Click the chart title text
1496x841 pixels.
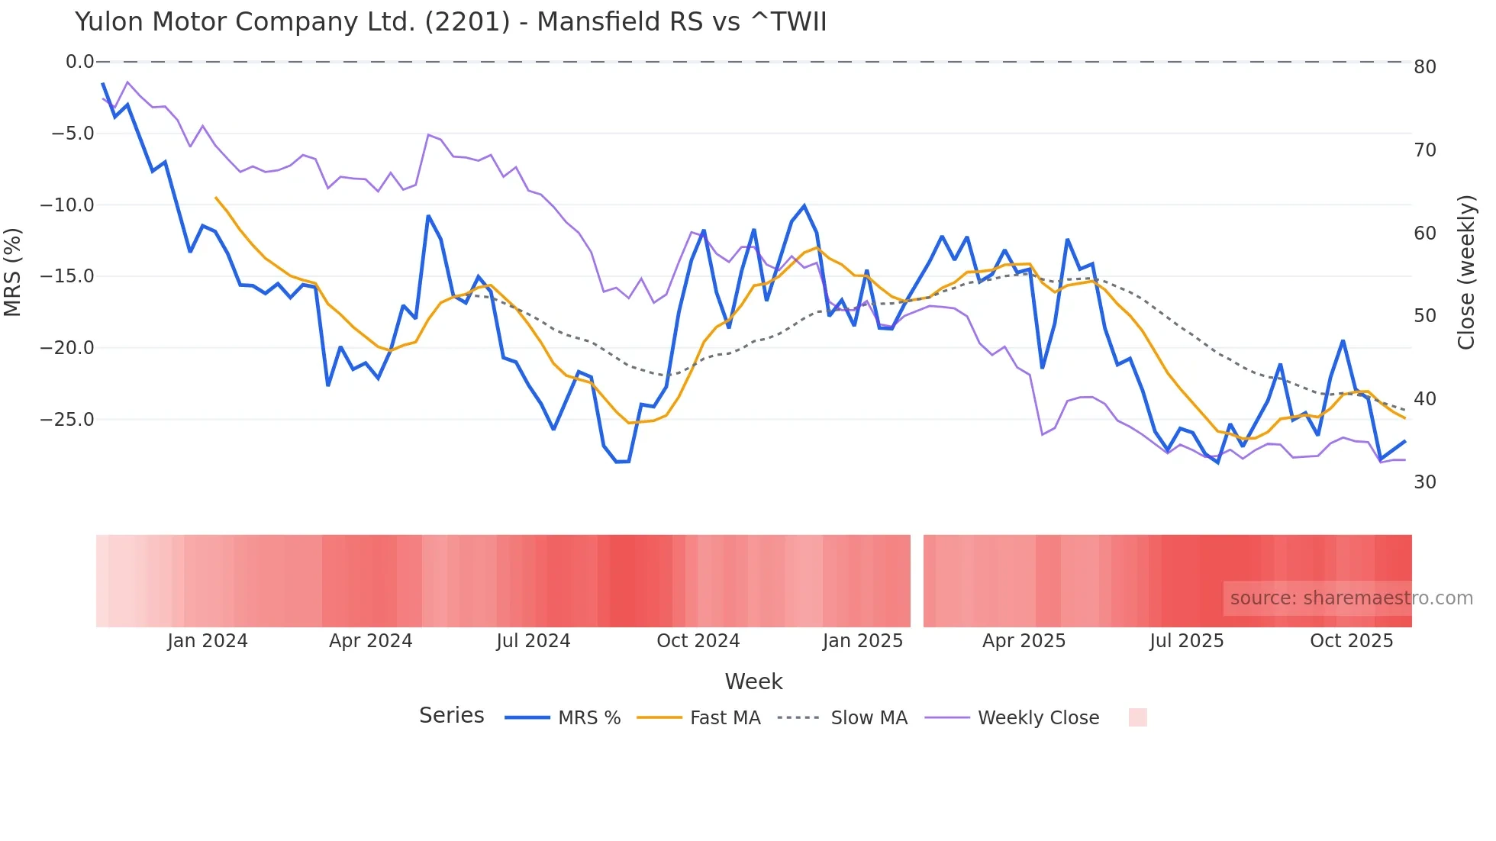(450, 21)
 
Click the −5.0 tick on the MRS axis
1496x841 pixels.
(73, 134)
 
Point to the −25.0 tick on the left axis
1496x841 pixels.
(68, 420)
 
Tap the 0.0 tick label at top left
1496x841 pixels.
(79, 62)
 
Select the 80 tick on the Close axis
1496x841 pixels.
(1424, 67)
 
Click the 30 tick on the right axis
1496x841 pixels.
(1424, 482)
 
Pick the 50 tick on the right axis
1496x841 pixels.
(1424, 316)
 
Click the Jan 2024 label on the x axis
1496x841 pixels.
(208, 641)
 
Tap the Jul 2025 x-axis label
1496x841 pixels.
(1186, 641)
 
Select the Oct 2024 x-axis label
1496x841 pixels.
(698, 641)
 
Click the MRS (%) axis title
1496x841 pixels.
(12, 272)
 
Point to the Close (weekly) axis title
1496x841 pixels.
(1465, 272)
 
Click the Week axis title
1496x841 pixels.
(753, 681)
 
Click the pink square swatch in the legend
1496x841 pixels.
(1137, 717)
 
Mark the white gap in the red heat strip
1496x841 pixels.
(917, 581)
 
